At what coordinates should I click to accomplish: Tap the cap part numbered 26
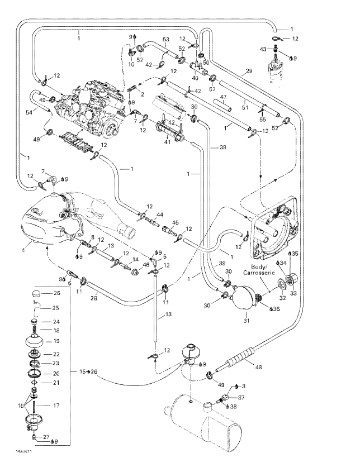tap(39, 293)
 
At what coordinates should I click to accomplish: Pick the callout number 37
tap(241, 397)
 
